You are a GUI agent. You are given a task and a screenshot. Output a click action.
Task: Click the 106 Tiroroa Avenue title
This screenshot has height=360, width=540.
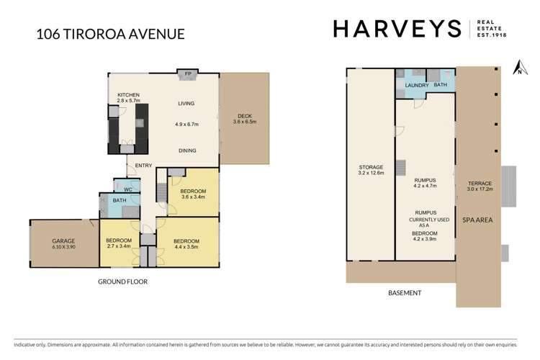click(x=109, y=33)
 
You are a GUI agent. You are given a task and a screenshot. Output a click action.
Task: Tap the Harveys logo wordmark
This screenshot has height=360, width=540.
click(x=397, y=29)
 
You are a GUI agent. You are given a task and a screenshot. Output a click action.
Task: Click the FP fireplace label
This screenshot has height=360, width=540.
click(x=188, y=74)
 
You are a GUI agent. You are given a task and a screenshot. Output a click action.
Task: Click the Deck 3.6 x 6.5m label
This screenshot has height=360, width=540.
click(x=244, y=118)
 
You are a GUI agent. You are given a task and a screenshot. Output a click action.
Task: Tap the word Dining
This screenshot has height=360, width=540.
click(x=188, y=150)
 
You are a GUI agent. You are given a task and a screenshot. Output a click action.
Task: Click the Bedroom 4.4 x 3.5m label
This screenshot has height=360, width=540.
click(x=186, y=244)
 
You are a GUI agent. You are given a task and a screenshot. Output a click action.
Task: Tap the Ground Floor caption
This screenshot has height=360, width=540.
click(x=122, y=282)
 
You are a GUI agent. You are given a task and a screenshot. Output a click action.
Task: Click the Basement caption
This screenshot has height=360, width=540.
click(x=404, y=293)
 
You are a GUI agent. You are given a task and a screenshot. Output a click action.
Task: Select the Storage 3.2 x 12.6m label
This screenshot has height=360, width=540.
click(x=372, y=171)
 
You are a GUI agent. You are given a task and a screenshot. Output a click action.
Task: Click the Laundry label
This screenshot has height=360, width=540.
click(x=416, y=86)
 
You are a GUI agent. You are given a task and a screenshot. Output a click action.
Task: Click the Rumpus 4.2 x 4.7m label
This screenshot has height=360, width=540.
click(x=426, y=182)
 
